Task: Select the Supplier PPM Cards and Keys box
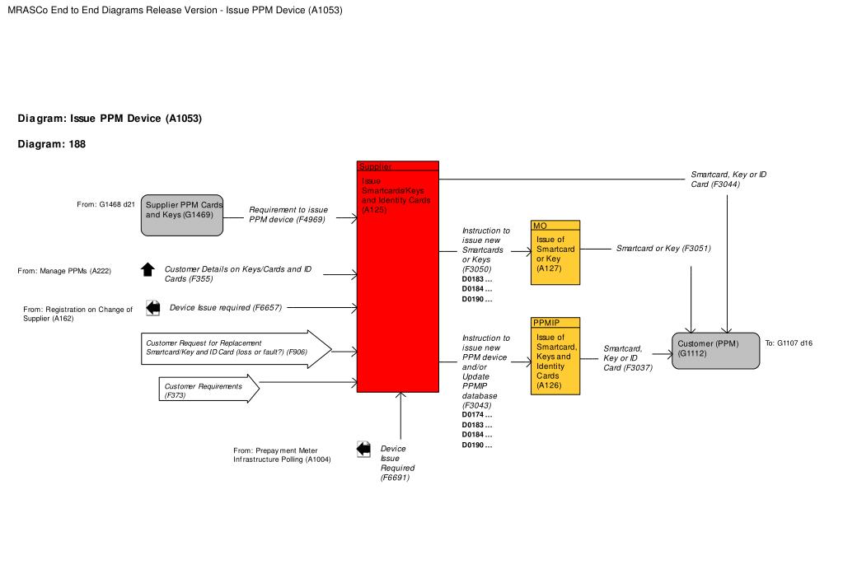coord(183,216)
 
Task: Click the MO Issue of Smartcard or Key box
coord(555,254)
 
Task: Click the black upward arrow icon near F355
coord(148,269)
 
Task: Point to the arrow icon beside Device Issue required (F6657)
coord(153,308)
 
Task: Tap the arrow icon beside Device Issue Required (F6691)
coord(363,449)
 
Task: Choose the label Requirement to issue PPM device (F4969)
coord(288,215)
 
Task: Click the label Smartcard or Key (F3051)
coord(663,248)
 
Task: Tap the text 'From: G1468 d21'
coord(105,203)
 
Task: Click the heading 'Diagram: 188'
coord(52,144)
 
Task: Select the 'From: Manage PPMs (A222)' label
coord(64,271)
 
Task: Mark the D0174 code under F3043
coord(477,414)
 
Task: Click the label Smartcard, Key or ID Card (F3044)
coord(728,179)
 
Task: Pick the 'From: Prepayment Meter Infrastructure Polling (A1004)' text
coord(282,455)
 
